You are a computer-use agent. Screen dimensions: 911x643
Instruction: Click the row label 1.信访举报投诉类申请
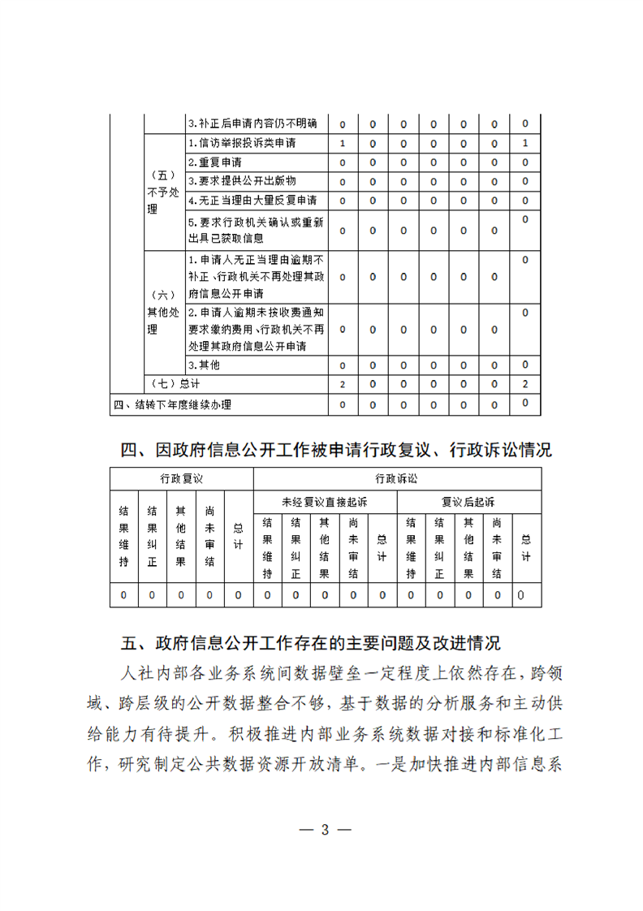point(241,144)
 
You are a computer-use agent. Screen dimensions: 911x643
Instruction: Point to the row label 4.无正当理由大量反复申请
point(252,200)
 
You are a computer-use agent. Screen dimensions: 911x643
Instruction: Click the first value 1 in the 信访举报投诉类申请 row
point(343,144)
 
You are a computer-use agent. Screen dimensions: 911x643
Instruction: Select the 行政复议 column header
point(181,479)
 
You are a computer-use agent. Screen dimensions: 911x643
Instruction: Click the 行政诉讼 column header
point(397,479)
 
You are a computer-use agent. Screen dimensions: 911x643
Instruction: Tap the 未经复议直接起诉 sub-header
point(325,501)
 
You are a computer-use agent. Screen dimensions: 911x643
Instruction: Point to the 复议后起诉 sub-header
point(468,501)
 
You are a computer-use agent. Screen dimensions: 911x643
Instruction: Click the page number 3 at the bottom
point(324,830)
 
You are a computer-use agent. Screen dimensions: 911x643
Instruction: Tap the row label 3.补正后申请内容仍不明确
point(252,124)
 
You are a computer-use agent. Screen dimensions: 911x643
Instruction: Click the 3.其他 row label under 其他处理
point(204,365)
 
